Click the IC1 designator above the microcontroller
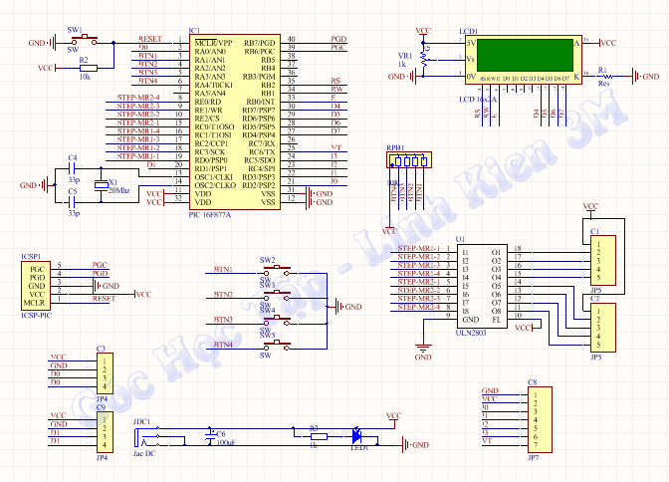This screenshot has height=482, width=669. (193, 31)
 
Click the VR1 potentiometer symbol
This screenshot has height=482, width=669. (423, 59)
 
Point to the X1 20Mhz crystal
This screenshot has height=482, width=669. (100, 186)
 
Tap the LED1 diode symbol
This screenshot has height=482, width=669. (354, 435)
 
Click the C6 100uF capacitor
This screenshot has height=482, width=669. (208, 435)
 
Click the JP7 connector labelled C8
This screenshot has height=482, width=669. (534, 419)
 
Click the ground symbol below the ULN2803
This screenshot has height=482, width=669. (423, 352)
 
